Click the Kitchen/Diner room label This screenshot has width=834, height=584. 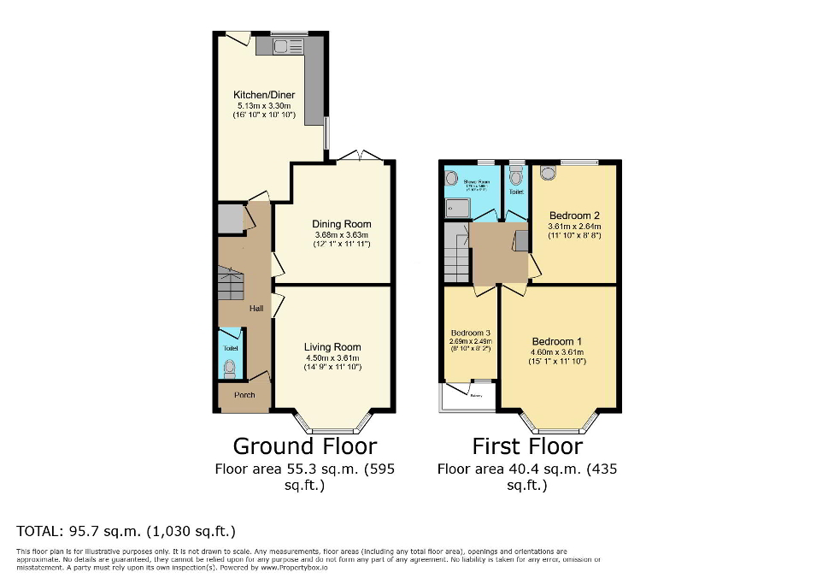(264, 95)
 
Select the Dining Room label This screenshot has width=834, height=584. (342, 225)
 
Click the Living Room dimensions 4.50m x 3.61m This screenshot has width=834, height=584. (332, 357)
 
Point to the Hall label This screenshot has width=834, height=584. (255, 309)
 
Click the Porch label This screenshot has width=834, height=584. (244, 395)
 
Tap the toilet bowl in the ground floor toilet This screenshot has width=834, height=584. (229, 369)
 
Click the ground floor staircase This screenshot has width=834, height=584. (231, 282)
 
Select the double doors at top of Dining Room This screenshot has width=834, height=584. (359, 156)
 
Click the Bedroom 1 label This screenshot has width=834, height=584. (555, 340)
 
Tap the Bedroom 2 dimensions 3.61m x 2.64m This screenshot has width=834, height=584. (573, 227)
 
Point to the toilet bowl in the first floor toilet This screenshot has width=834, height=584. (515, 177)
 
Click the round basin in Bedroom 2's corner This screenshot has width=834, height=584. (547, 174)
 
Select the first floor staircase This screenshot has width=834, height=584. (457, 252)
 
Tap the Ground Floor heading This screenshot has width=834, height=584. (304, 446)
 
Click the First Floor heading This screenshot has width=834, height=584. (527, 446)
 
